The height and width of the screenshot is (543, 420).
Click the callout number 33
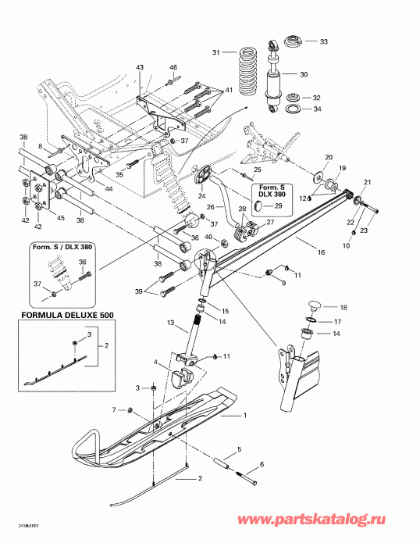coord(325,41)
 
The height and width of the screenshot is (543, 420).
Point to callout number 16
coord(320,253)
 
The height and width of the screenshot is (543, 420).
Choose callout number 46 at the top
coord(174,68)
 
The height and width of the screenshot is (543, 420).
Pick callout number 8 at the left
coord(39,145)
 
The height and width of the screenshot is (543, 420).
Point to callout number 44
coord(108,190)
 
